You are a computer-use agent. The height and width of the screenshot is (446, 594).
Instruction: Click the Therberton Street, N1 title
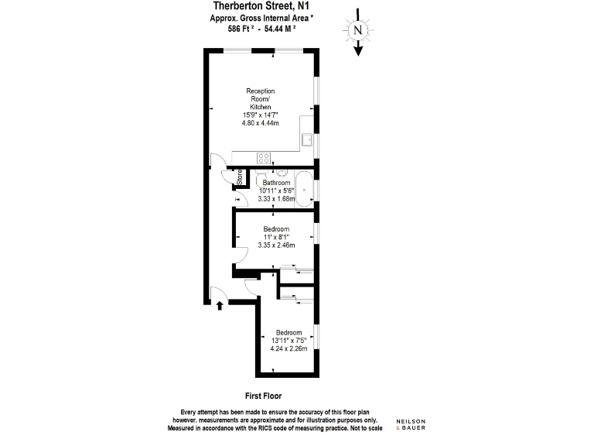pos(261,5)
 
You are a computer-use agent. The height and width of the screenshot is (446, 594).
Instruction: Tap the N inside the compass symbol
pos(358,29)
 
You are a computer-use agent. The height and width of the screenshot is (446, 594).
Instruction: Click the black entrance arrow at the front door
pos(220,305)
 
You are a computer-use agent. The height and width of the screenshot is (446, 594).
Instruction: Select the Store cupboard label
pos(240,177)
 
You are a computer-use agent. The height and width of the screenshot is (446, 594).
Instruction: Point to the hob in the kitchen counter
pos(264,158)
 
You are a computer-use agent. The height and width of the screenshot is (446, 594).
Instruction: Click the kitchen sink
pos(307,139)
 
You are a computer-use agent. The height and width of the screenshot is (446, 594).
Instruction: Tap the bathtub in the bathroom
pos(304,189)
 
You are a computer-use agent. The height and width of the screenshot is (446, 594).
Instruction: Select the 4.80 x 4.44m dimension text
pos(260,123)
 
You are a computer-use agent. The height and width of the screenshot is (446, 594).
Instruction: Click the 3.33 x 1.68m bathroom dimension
pos(276,199)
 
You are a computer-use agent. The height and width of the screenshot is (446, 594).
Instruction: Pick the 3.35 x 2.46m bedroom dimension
pos(276,245)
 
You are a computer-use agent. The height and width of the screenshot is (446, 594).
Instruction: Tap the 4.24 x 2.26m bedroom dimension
pos(288,348)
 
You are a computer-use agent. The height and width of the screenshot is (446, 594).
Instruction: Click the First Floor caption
pos(263,396)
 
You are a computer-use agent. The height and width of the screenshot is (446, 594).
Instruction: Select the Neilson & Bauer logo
pos(411,424)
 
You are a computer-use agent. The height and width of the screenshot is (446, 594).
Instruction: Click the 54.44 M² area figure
pos(280,29)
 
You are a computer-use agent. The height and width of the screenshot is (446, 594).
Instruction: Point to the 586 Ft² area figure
pos(241,29)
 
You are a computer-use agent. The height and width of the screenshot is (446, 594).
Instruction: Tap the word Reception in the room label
pos(260,91)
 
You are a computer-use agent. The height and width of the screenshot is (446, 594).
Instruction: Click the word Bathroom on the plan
pos(276,183)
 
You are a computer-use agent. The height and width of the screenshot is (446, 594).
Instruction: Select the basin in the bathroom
pos(282,173)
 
